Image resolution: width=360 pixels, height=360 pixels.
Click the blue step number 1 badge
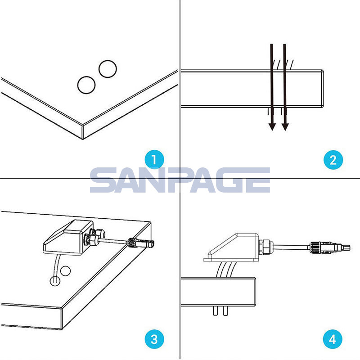pyautogui.click(x=154, y=160)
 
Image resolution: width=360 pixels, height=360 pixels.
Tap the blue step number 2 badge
pyautogui.click(x=333, y=160)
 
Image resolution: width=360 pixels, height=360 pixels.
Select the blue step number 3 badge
pyautogui.click(x=154, y=339)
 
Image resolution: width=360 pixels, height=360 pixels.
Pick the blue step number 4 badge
pyautogui.click(x=333, y=339)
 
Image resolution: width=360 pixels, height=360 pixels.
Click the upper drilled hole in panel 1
pyautogui.click(x=108, y=69)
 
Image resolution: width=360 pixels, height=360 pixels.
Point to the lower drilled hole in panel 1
pyautogui.click(x=86, y=85)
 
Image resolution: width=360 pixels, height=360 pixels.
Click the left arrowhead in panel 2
pyautogui.click(x=272, y=126)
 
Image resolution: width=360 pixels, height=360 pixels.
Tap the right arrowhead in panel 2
pyautogui.click(x=285, y=126)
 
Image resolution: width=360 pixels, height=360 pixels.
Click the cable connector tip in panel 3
pyautogui.click(x=151, y=243)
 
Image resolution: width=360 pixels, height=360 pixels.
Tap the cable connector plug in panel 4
pyautogui.click(x=329, y=248)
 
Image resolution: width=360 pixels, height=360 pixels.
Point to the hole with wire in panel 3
pyautogui.click(x=55, y=280)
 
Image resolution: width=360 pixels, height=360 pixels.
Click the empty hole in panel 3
pyautogui.click(x=65, y=271)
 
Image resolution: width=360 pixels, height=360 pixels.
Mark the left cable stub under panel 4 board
pyautogui.click(x=216, y=311)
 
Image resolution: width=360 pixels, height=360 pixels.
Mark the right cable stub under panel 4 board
pyautogui.click(x=225, y=311)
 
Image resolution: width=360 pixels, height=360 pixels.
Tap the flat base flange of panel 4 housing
pyautogui.click(x=231, y=260)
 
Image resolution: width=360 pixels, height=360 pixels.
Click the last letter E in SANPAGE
pyautogui.click(x=258, y=180)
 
